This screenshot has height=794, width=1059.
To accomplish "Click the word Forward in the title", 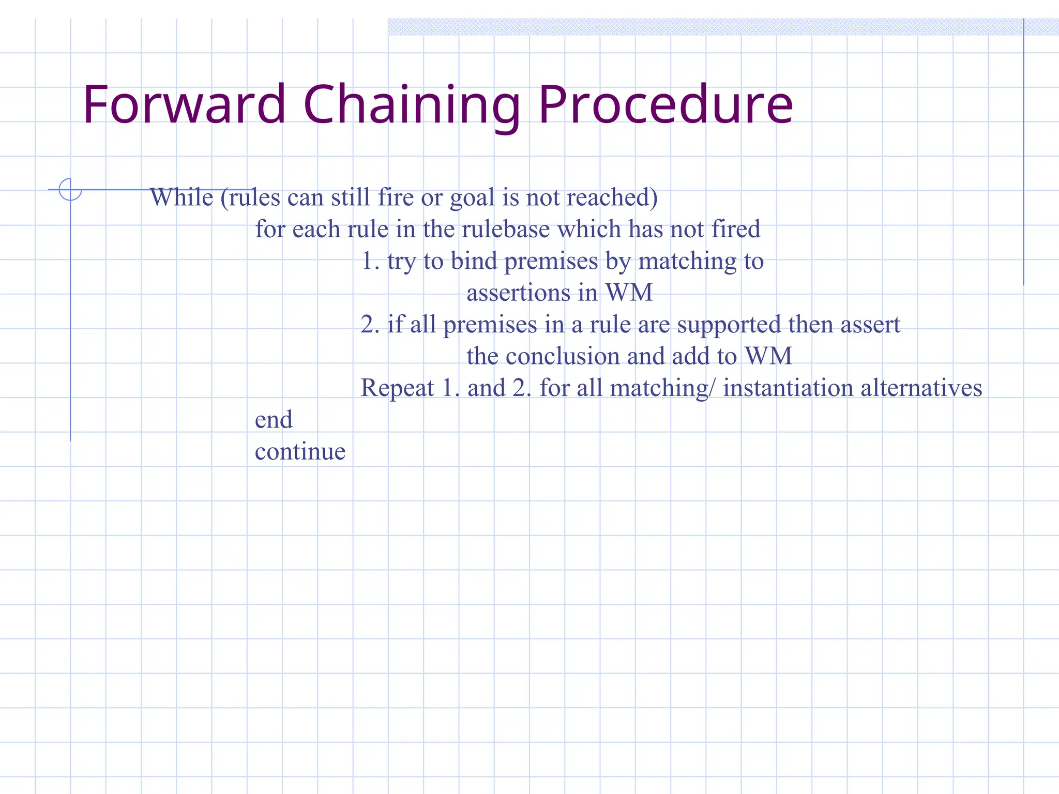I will [184, 105].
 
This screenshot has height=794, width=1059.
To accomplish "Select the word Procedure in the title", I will [665, 105].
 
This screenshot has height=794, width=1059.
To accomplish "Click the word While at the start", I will [181, 197].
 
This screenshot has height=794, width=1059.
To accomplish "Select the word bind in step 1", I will [474, 261].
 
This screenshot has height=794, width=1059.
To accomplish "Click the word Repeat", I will [397, 388].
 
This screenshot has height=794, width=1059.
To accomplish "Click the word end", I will [274, 420].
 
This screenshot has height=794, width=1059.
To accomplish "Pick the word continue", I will [300, 451].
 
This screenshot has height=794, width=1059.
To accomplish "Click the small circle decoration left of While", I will [70, 189].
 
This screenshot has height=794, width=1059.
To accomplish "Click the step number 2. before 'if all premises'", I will [370, 325].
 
